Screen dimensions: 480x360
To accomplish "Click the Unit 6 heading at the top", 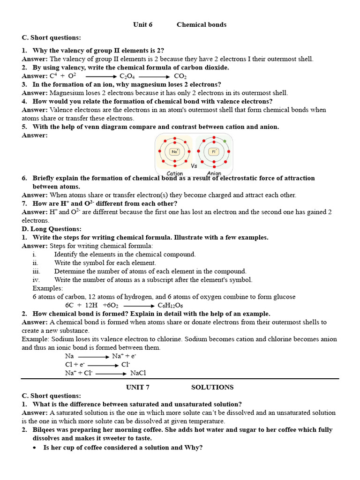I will point(143,24).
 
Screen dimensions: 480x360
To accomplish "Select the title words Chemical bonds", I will point(201,24).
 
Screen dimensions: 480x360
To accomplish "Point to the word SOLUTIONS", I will point(212,387).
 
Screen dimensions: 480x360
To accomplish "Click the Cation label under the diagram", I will point(175,173).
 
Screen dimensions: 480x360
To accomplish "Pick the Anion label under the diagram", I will point(214,173).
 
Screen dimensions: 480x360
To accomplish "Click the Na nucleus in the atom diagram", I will point(175,151).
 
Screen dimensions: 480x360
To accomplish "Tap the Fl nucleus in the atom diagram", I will point(214,151).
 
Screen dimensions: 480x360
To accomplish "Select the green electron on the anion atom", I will point(225,141).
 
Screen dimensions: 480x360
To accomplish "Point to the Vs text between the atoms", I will point(194,166).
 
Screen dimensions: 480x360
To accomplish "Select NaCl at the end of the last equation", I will point(138,373).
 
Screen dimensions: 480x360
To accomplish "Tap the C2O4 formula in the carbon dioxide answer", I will point(127,76).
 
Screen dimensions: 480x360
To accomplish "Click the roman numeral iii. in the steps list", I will point(37,271).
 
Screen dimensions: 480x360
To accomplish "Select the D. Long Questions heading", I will point(52,229).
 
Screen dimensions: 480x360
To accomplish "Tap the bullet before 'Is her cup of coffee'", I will point(36,448).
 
